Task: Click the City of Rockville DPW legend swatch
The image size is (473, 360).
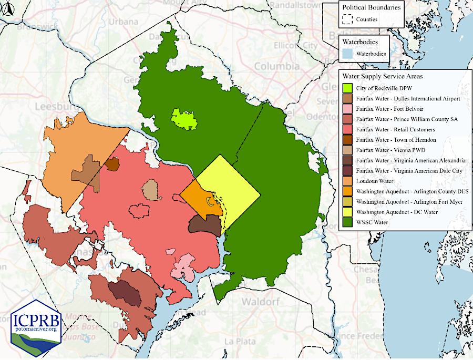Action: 347,88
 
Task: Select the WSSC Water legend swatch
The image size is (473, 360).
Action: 347,221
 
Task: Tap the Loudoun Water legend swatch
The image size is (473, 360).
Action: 347,180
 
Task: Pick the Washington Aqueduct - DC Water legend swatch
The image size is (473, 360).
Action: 347,211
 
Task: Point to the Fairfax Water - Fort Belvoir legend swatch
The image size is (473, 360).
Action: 347,108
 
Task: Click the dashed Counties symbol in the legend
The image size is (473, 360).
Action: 347,19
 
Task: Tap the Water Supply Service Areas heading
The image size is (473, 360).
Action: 381,76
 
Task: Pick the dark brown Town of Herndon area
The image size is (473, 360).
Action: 112,164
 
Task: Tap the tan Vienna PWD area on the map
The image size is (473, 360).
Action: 151,190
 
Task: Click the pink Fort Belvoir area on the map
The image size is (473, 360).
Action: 184,266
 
